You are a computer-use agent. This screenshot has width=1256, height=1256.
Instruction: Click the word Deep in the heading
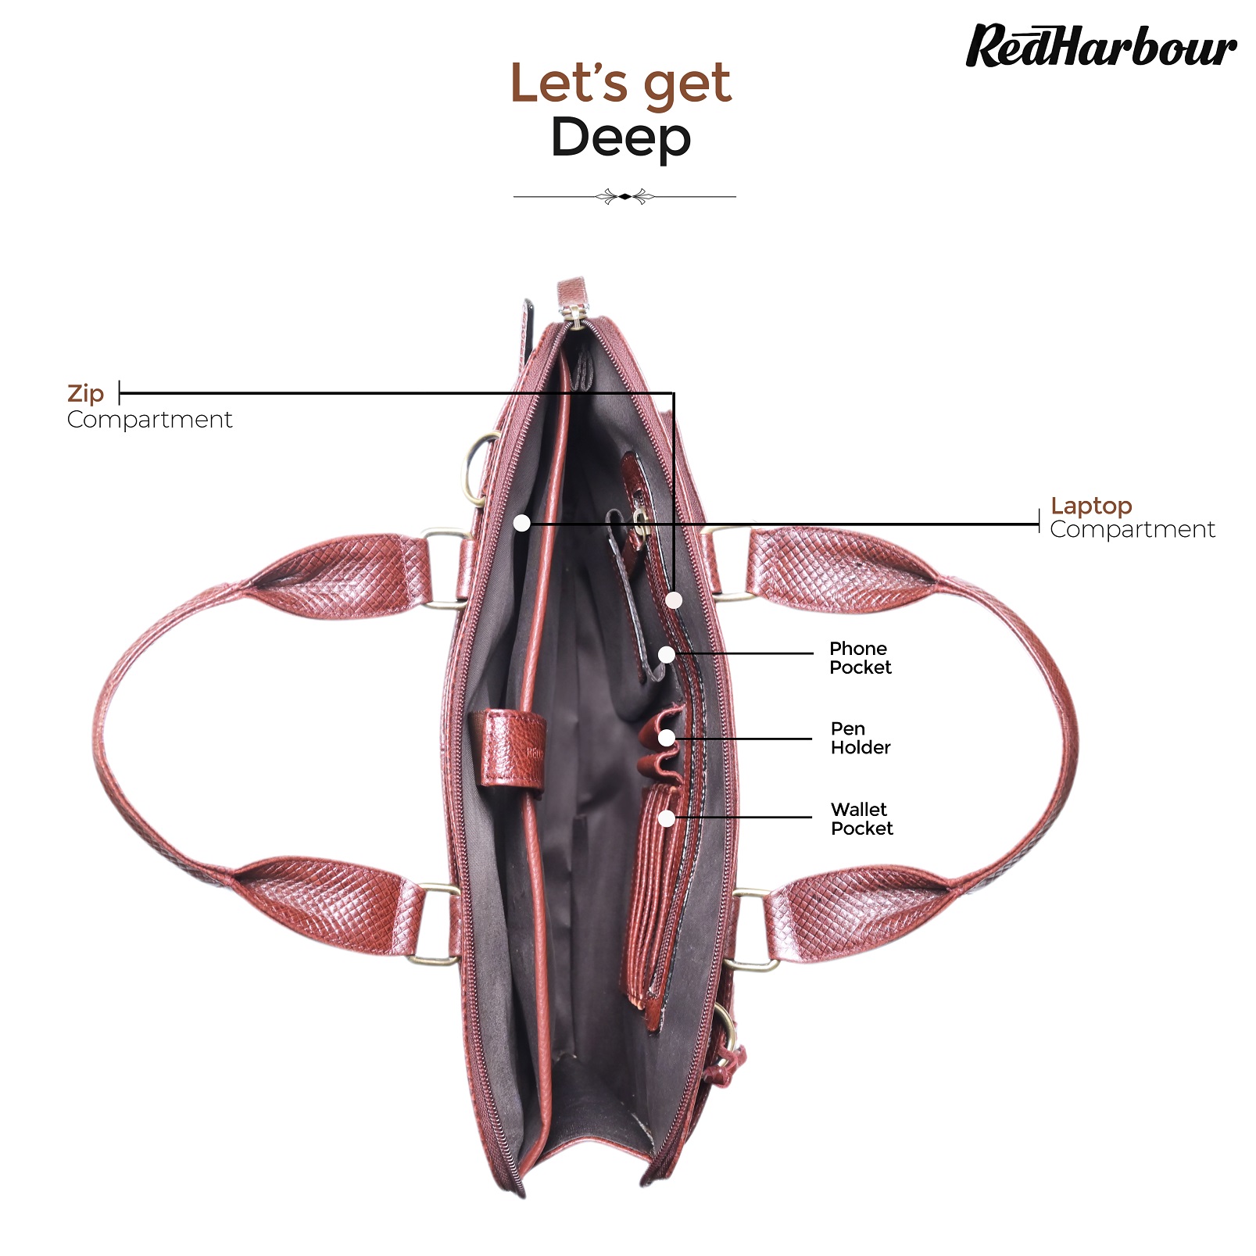point(621,138)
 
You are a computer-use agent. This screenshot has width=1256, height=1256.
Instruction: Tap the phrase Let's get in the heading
point(621,83)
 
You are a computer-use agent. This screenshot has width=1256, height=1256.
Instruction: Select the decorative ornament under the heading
point(624,196)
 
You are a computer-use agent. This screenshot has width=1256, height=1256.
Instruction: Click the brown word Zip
point(85,394)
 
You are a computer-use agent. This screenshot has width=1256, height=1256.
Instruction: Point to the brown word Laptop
point(1091,506)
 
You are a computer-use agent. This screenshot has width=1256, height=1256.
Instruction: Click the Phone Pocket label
point(860,658)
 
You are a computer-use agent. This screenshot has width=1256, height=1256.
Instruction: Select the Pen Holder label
point(861,738)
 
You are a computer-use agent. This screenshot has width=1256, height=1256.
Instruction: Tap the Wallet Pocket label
point(861,818)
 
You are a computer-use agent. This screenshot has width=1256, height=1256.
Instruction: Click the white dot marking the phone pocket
point(667,654)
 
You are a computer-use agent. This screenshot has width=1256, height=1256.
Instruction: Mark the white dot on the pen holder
point(667,737)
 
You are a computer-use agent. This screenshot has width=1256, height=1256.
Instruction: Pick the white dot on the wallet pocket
point(667,818)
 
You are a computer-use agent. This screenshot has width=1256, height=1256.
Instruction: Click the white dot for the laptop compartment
point(522,523)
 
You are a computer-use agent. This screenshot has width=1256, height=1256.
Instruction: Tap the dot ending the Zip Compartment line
point(674,600)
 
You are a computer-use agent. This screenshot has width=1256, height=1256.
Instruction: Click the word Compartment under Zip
point(149,420)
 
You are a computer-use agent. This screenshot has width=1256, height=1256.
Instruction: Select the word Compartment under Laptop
point(1133,530)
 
